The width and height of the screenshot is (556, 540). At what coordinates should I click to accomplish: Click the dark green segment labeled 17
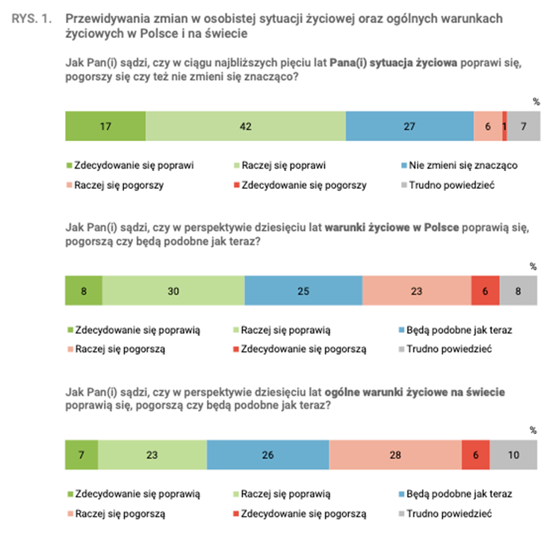105,126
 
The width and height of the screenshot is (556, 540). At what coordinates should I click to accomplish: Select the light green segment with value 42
245,126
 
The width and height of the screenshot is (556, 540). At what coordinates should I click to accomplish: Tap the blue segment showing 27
410,126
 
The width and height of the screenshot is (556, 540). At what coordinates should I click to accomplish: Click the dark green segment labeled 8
83,291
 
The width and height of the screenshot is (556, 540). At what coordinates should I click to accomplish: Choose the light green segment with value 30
173,291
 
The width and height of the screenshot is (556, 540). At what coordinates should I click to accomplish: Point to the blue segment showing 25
303,291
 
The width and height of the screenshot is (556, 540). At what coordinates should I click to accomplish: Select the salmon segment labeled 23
416,291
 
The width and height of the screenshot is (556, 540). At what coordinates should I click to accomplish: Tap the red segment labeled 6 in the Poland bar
485,291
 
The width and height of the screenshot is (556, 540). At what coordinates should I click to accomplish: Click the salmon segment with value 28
395,455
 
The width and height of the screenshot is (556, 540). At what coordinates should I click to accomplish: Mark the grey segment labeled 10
513,455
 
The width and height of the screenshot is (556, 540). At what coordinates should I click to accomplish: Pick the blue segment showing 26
268,455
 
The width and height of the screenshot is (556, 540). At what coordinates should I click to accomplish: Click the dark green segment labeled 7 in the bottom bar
81,455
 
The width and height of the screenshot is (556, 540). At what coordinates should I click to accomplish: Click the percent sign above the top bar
534,102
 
